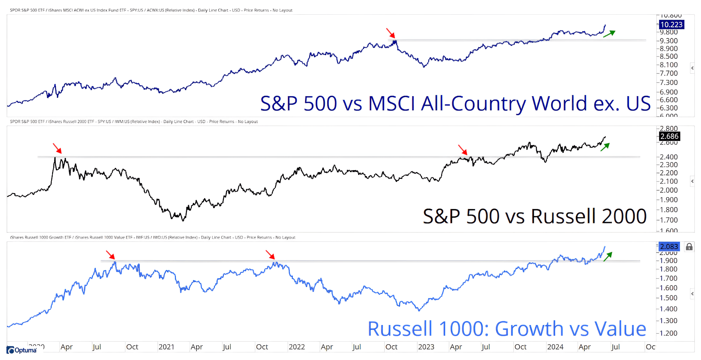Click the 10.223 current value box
click(671, 25)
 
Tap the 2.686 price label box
click(669, 136)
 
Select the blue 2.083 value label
click(669, 247)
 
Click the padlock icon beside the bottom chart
click(689, 247)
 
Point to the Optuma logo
click(22, 350)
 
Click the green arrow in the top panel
click(609, 34)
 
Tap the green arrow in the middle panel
click(605, 147)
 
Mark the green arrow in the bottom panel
click(608, 256)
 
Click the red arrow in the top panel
click(390, 33)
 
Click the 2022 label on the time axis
click(297, 347)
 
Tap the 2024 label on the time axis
click(555, 347)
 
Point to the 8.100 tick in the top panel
click(669, 65)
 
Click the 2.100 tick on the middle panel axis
click(669, 181)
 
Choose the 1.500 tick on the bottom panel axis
click(669, 298)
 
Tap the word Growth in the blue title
click(529, 329)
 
